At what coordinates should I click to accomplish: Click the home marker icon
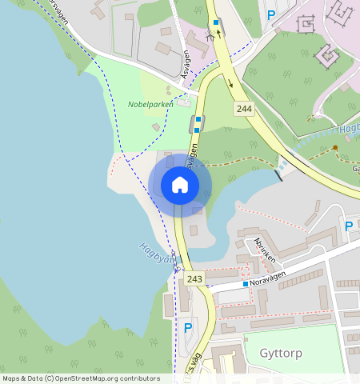pyautogui.click(x=180, y=186)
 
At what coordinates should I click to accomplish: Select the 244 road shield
pyautogui.click(x=245, y=107)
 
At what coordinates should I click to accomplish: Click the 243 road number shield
pyautogui.click(x=194, y=278)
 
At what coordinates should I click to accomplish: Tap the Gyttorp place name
pyautogui.click(x=281, y=353)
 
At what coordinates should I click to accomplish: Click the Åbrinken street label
pyautogui.click(x=264, y=250)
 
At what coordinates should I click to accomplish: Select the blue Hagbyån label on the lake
pyautogui.click(x=155, y=257)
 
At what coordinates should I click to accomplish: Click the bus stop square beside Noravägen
pyautogui.click(x=245, y=284)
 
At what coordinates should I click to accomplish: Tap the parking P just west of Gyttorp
pyautogui.click(x=188, y=327)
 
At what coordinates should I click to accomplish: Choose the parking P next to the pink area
pyautogui.click(x=271, y=14)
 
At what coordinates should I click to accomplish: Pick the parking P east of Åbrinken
pyautogui.click(x=348, y=226)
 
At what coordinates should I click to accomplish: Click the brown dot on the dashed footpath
pyautogui.click(x=335, y=148)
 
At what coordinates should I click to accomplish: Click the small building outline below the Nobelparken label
pyautogui.click(x=155, y=127)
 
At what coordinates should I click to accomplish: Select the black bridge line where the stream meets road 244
pyautogui.click(x=279, y=173)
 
